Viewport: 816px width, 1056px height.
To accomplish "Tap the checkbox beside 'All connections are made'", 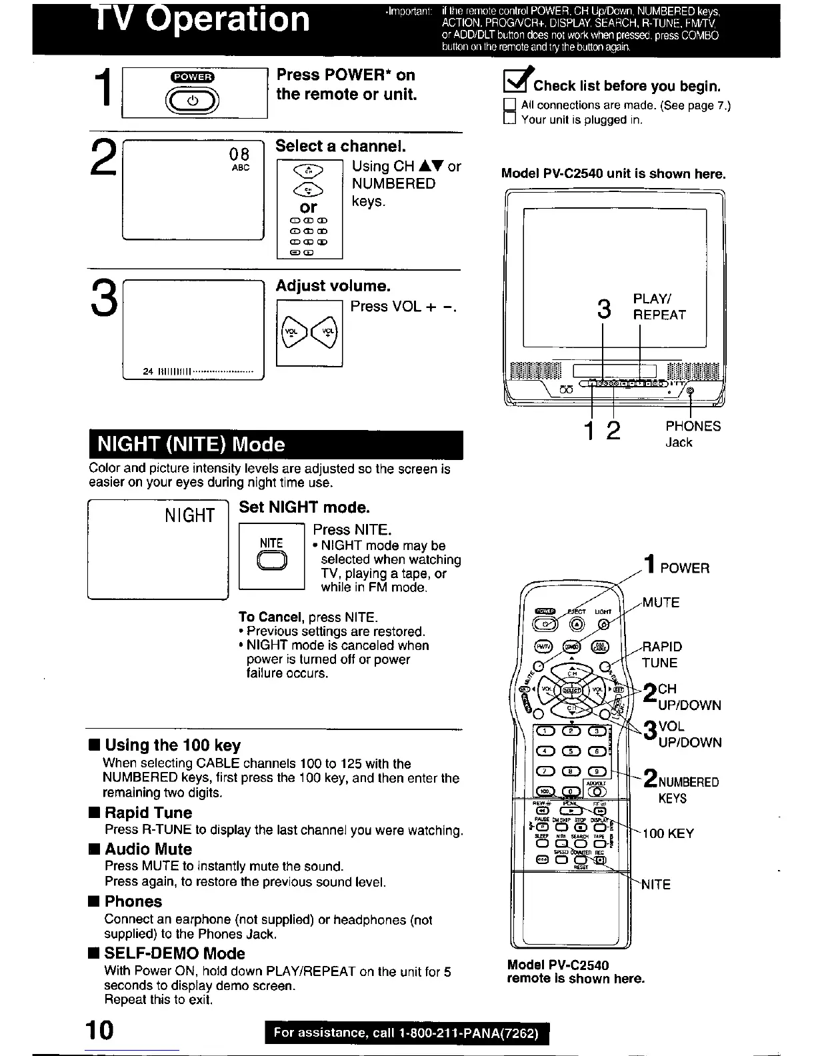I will point(510,105).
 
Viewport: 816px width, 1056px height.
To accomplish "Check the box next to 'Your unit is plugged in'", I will point(510,119).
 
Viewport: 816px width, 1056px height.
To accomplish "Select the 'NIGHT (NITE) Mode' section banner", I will point(275,445).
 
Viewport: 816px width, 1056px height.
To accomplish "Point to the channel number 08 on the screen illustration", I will point(239,154).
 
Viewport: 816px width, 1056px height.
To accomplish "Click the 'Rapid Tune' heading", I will point(147,813).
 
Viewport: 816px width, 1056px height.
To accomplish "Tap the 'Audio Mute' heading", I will point(147,849).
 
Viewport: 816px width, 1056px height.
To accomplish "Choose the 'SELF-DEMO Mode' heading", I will point(174,953).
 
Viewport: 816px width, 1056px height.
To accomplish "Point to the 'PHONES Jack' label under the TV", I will point(692,434).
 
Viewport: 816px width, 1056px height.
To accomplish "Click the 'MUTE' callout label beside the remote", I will point(661,603).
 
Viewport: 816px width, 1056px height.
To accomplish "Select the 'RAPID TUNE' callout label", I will point(661,655).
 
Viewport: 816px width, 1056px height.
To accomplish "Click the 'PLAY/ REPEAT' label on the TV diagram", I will point(659,307).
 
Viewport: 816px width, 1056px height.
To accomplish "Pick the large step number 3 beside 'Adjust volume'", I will point(104,299).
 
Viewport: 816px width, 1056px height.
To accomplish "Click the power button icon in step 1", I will point(193,100).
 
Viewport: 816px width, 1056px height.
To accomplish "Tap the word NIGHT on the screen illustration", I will point(190,515).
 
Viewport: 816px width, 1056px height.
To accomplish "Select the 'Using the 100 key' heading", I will point(172,745).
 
